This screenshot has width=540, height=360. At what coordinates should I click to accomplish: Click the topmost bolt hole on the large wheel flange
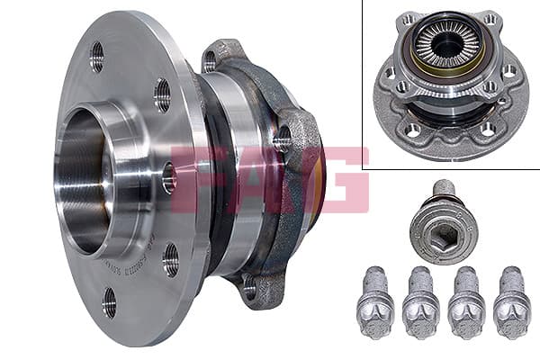[x=96, y=57]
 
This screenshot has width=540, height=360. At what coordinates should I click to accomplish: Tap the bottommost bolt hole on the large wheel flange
[x=109, y=302]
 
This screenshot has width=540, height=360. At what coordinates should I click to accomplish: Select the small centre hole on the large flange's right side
[x=168, y=177]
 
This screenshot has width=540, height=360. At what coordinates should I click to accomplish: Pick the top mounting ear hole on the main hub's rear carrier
[x=210, y=61]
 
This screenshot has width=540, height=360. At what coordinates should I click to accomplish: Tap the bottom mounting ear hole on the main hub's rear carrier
[x=249, y=287]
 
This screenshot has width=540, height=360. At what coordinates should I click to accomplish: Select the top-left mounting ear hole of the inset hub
[x=408, y=19]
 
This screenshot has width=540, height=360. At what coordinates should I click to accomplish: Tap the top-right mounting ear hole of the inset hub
[x=489, y=19]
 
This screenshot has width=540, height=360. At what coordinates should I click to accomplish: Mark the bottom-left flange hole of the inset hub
[x=413, y=129]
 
